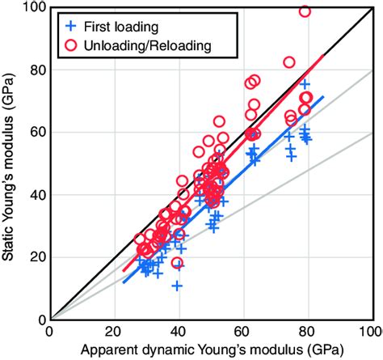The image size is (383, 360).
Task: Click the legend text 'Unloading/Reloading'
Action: (145, 47)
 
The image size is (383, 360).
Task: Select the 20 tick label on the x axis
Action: (114, 332)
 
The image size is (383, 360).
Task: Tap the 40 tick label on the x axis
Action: (178, 332)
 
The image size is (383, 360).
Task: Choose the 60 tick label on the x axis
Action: (242, 332)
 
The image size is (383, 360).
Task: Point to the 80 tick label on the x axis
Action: (306, 332)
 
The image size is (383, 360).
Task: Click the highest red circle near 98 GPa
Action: (305, 11)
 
